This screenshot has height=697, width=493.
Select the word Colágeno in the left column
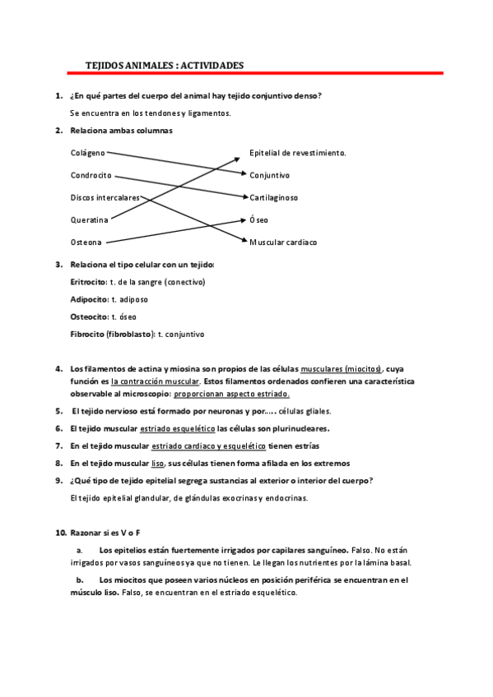88,152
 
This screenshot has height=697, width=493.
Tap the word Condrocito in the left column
91,175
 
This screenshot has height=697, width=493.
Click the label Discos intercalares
105,197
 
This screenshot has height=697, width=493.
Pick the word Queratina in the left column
90,220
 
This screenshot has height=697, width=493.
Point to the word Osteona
86,242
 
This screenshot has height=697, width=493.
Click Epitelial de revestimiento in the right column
297,152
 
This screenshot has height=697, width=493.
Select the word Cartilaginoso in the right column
273,197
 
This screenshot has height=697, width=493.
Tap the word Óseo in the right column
258,220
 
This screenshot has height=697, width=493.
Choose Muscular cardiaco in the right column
282,242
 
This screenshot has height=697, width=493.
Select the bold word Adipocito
89,299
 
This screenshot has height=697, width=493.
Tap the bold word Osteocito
89,316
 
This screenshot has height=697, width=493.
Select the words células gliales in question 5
305,411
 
